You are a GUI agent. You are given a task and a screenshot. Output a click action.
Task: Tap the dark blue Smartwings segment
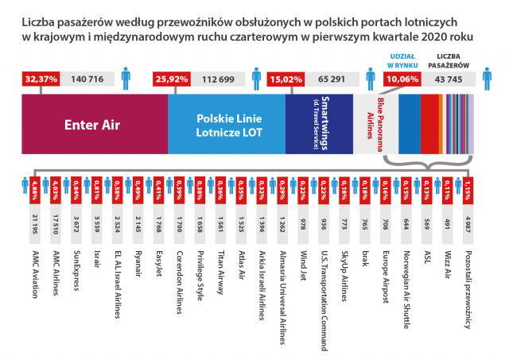pos(318,123)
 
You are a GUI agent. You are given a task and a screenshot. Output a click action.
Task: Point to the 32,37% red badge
pos(41,79)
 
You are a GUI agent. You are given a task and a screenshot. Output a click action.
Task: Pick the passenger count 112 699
pos(219,79)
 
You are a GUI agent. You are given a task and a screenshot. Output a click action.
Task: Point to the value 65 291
pos(332,79)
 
